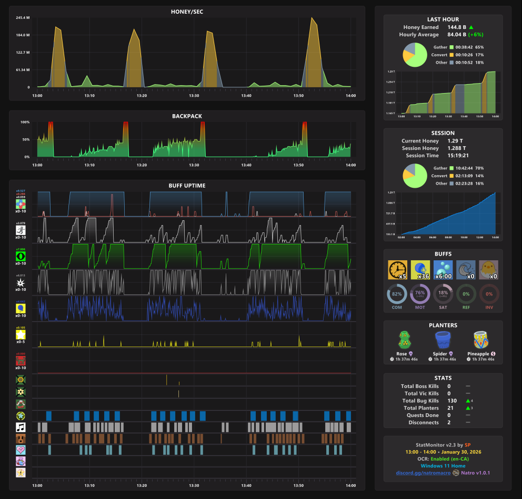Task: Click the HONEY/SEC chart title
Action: (187, 11)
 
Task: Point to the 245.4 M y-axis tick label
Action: (22, 18)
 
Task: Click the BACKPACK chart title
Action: (187, 116)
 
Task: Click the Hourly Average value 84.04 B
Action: (456, 35)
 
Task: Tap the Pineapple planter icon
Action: (479, 340)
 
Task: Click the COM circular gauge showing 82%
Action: (397, 294)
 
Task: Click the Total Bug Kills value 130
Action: (451, 401)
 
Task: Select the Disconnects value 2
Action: (449, 423)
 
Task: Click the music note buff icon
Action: (21, 427)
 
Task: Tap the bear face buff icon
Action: (21, 438)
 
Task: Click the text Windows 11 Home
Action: (443, 466)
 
